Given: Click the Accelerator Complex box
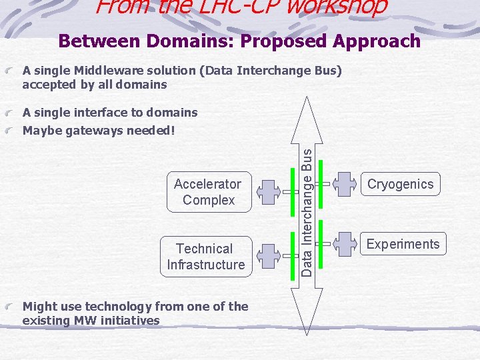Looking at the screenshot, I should (207, 192).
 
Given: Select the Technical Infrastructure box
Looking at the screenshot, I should (206, 257).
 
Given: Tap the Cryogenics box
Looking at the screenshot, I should (401, 185).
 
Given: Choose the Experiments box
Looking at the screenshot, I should (403, 244).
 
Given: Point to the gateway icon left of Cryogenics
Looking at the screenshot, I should (345, 183).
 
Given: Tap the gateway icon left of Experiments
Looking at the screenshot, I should (345, 243).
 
